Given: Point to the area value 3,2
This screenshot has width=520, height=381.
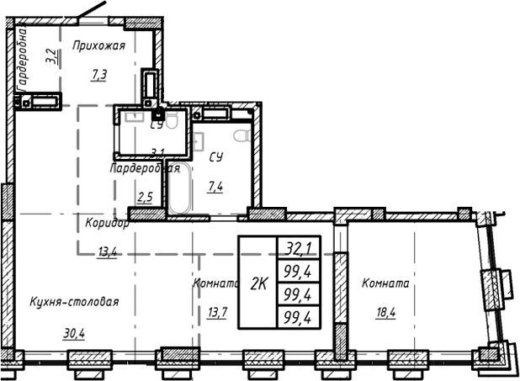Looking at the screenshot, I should click(52, 57).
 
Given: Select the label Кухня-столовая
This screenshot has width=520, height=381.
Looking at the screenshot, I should click(73, 303).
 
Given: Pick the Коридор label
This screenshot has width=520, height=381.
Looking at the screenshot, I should click(106, 224).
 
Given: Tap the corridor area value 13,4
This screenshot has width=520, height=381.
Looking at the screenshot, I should click(107, 251).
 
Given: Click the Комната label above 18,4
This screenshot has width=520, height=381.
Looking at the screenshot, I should click(385, 284).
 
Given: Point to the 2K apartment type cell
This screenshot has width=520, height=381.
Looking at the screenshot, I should click(257, 283).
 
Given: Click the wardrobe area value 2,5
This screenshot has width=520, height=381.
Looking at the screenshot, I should click(145, 198).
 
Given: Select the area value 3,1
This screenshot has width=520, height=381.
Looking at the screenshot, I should click(157, 152).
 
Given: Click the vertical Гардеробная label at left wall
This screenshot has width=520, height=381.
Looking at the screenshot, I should click(24, 57).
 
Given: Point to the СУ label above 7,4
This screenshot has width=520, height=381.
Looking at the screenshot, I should click(215, 156).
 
